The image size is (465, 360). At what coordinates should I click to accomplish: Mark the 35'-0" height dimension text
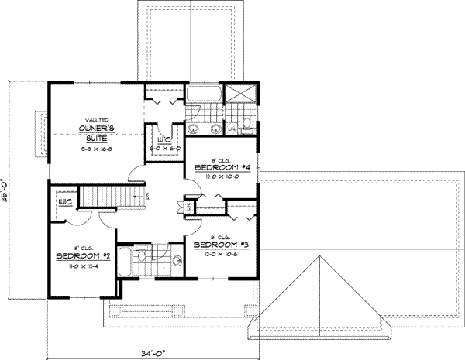[5, 190]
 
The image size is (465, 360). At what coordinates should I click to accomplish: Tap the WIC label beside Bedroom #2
[64, 203]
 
